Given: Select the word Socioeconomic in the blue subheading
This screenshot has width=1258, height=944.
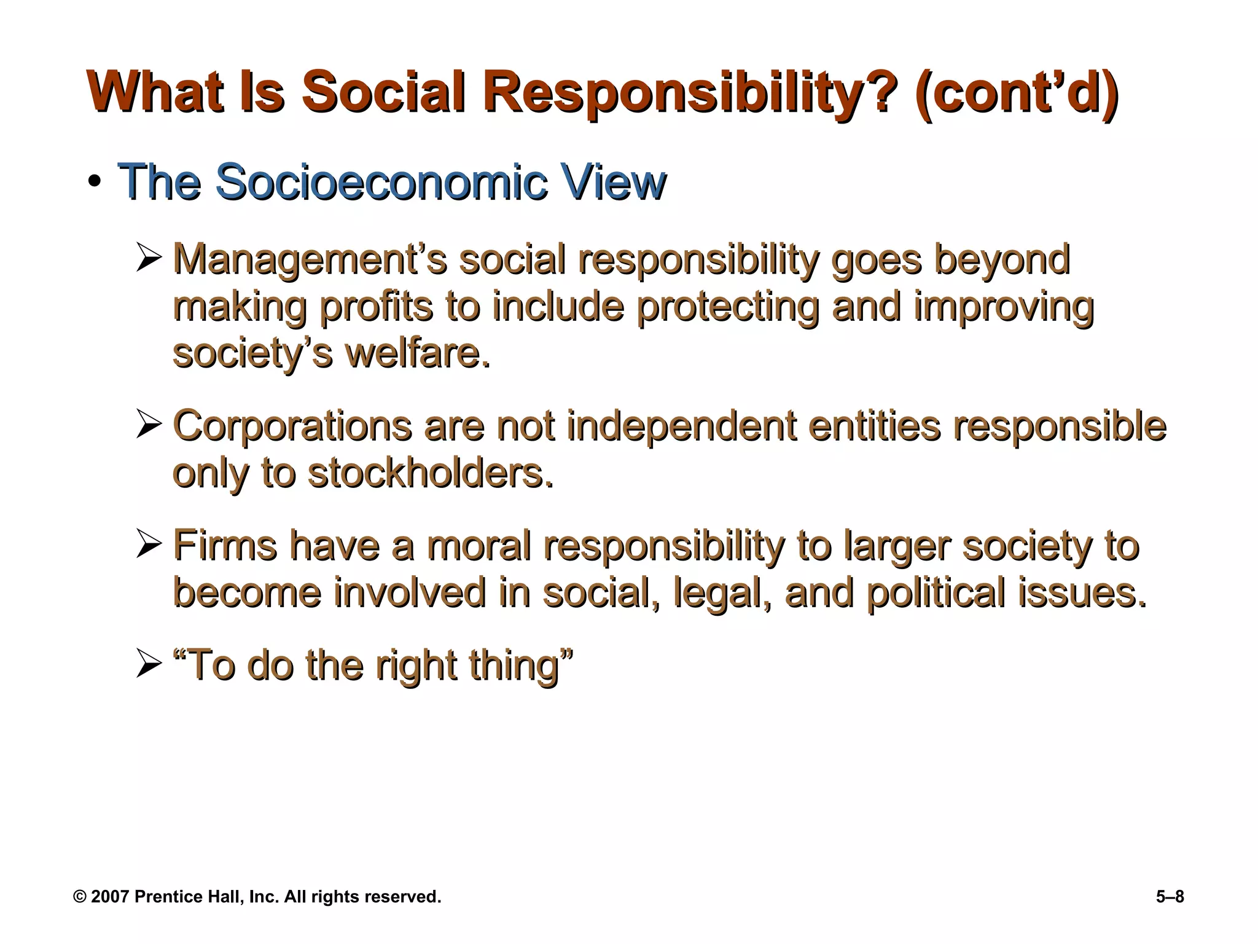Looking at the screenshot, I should (x=381, y=182).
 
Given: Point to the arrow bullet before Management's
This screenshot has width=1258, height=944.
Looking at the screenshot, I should (x=149, y=259).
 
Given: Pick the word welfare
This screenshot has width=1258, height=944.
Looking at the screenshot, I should (x=418, y=354).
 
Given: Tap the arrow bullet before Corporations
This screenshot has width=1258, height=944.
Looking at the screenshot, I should (x=149, y=425).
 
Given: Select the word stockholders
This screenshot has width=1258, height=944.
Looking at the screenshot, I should (x=430, y=473).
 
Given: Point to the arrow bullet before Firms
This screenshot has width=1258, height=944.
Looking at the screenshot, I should (x=149, y=545).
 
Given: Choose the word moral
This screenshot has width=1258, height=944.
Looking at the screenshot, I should (x=479, y=545).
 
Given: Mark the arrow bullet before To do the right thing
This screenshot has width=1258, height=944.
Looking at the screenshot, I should (x=149, y=666).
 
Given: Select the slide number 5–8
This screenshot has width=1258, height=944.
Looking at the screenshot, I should (x=1170, y=897).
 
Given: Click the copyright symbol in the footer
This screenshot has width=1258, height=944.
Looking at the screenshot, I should (x=80, y=897).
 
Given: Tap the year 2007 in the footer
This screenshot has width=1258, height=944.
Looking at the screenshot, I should (x=110, y=897).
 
